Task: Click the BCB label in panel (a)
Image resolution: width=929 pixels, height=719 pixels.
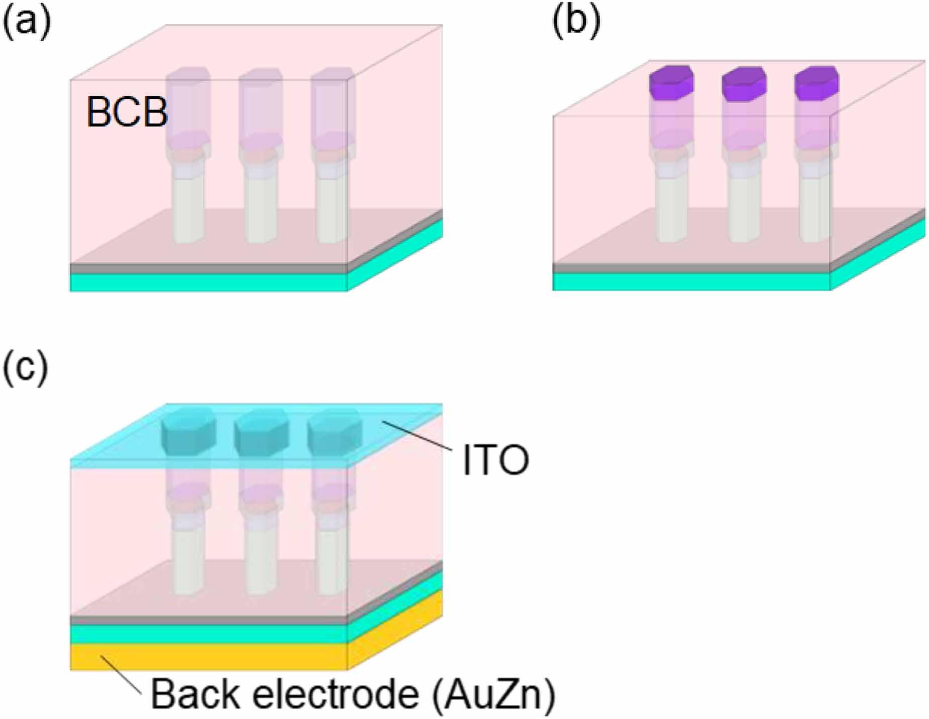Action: tap(127, 111)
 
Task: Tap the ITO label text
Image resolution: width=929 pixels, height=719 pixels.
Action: tap(495, 460)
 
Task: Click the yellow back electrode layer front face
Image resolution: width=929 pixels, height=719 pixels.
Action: tap(208, 657)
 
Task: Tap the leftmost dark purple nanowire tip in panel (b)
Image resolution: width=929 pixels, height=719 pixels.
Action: tap(671, 83)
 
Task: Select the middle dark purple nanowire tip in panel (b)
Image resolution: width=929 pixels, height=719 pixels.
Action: tap(744, 83)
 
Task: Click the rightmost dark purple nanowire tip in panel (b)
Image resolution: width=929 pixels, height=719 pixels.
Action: tap(817, 83)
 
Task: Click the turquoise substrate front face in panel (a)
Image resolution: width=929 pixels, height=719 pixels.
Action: tap(208, 282)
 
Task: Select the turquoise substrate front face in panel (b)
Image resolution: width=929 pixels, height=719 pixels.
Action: tap(691, 281)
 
